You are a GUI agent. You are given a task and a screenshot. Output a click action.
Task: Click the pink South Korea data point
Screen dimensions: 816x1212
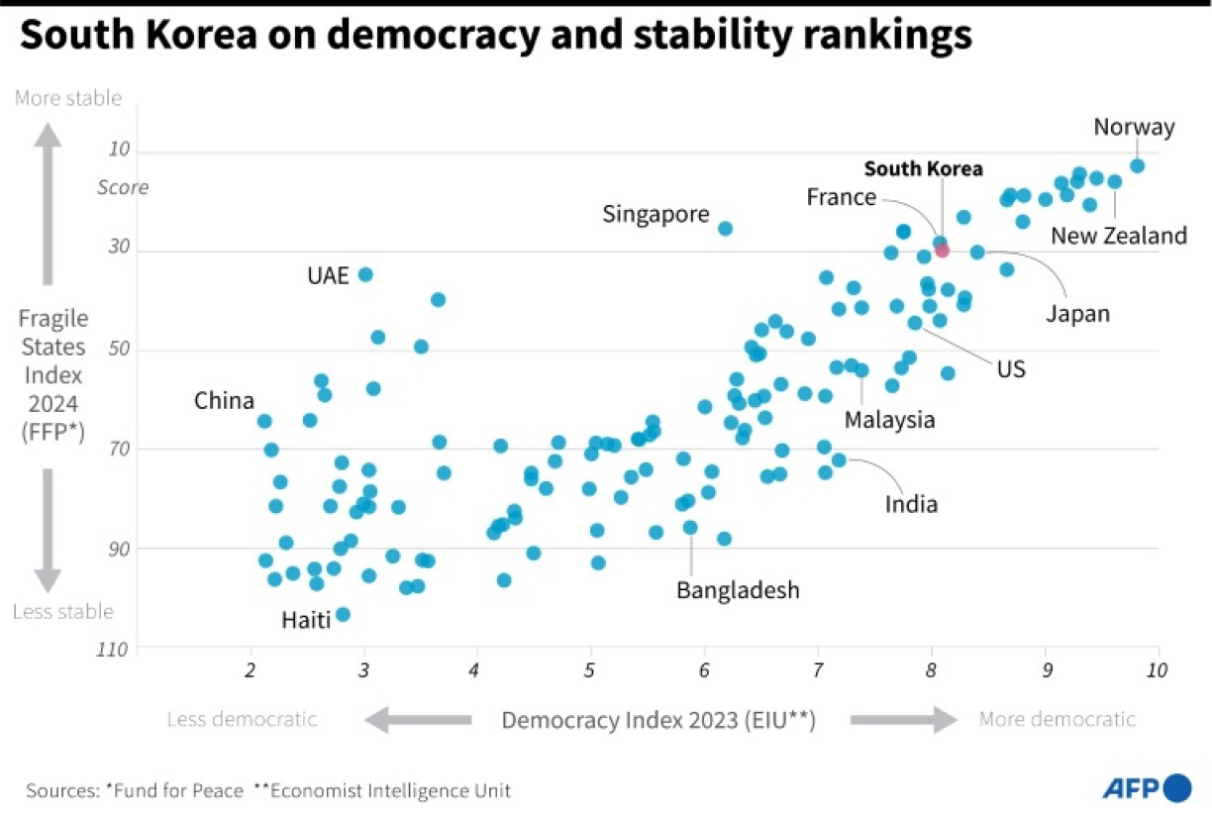pos(942,250)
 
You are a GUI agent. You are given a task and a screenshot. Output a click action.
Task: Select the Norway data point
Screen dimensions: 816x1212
pos(1138,165)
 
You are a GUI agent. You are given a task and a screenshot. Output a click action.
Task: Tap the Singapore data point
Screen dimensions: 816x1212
pos(725,228)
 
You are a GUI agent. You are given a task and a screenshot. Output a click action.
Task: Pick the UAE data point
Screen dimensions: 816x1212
pos(365,274)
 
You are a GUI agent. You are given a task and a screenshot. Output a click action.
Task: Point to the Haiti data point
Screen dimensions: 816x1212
pos(343,614)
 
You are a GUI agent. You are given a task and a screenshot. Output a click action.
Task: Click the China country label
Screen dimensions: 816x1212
pos(224,401)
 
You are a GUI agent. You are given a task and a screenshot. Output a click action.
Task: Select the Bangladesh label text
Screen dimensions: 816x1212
pos(738,590)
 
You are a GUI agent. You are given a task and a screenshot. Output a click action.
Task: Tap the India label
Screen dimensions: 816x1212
pos(911,504)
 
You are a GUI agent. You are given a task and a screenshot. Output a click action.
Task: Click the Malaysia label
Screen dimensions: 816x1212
pos(889,419)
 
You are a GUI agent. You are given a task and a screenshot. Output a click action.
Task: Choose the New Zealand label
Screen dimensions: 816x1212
pos(1118,236)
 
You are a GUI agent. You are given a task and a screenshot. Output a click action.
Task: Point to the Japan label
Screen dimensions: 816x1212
pos(1078,314)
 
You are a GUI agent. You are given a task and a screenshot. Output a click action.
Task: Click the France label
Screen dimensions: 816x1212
pos(841,197)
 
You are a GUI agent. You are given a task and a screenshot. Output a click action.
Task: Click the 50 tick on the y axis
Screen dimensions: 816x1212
pos(119,350)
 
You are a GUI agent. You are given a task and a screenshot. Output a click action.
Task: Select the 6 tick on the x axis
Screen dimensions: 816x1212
pos(704,670)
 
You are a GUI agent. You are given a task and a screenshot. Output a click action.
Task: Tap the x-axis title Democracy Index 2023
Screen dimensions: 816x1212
pos(657,720)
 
